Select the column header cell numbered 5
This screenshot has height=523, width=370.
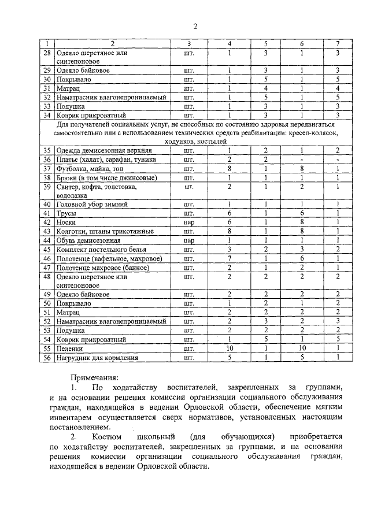265,44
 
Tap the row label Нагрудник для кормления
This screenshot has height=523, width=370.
97,358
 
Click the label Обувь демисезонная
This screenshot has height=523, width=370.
88,240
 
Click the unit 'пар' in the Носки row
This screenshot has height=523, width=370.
188,222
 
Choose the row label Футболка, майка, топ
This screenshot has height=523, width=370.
90,168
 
